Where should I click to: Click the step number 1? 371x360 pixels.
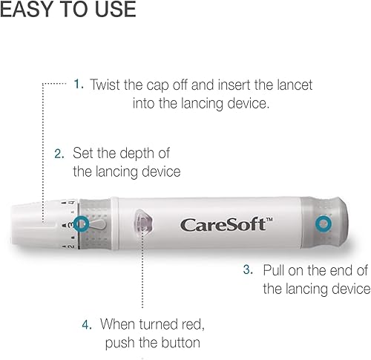[x=79, y=85]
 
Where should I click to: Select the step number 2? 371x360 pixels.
[x=59, y=153]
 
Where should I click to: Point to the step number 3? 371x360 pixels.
[x=249, y=270]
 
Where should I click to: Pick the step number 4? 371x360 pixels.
[x=87, y=324]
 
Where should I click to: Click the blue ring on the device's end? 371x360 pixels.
[x=324, y=223]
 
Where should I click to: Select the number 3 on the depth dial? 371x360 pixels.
[x=67, y=223]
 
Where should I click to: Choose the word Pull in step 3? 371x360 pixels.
[x=276, y=270]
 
